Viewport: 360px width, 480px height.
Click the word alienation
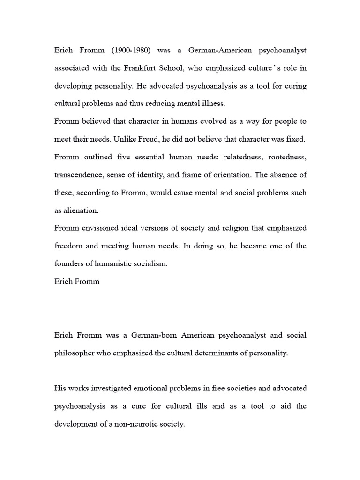tap(78, 210)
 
